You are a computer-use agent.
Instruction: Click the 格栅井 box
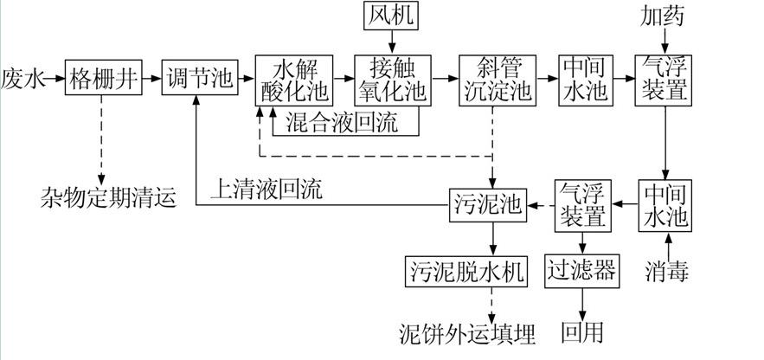click(102, 79)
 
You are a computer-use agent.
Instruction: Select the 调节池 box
click(199, 79)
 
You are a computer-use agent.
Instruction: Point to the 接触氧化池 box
click(392, 79)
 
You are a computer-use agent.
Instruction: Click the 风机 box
click(392, 16)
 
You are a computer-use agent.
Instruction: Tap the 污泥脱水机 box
click(465, 271)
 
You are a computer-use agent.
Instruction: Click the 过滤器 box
click(582, 271)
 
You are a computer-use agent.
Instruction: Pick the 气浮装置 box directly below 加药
click(664, 79)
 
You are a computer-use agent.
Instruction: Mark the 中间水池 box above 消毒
click(664, 205)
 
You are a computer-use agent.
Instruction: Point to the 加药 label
click(664, 16)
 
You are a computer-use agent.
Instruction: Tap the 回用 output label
click(582, 333)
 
